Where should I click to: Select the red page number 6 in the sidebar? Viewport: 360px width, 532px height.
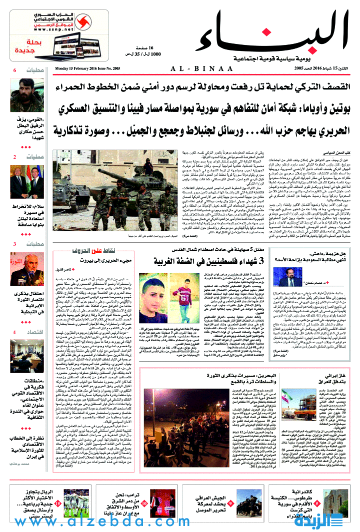click(x=15, y=70)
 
